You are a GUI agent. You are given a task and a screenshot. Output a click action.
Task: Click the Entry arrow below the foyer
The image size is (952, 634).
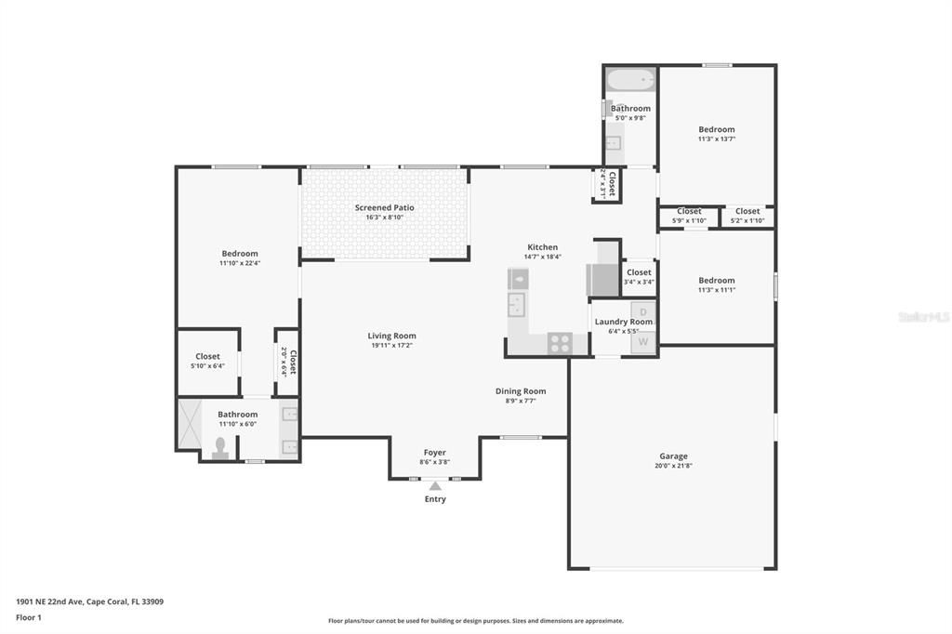coord(435,485)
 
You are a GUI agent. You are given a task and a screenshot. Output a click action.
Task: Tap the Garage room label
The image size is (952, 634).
coord(674,456)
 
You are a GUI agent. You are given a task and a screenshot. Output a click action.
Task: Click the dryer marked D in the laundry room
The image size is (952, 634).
coord(643,311)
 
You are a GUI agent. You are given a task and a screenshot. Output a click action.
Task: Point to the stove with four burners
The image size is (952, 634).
coord(560,343)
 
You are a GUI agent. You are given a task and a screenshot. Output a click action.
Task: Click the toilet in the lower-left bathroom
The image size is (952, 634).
coord(220,450)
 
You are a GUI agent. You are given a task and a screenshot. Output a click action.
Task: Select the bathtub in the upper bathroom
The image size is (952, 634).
coord(631,80)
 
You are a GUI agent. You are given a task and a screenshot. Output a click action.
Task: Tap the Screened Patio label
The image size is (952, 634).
coord(384,207)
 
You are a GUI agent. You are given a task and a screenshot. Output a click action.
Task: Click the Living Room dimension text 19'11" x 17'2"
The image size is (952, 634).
coord(391,346)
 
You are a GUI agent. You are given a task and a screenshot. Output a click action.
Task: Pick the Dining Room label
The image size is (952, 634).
coord(521,391)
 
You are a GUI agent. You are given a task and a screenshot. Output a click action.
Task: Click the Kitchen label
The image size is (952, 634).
coord(543,247)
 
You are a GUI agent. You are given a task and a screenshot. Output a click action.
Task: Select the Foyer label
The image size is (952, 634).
coord(435,453)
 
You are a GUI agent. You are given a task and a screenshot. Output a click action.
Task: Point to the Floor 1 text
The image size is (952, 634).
coord(29,617)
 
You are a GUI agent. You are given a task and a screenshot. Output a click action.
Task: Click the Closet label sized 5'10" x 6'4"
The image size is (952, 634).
coord(207,356)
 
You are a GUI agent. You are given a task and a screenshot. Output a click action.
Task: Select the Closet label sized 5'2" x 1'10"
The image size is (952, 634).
coord(747,211)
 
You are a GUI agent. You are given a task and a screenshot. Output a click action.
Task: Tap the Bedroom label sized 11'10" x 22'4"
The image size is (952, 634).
coord(240,254)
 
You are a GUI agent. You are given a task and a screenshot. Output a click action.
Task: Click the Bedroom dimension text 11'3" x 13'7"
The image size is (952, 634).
coord(717,139)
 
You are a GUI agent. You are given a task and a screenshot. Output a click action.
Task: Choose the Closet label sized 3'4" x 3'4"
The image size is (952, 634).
coord(639,272)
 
